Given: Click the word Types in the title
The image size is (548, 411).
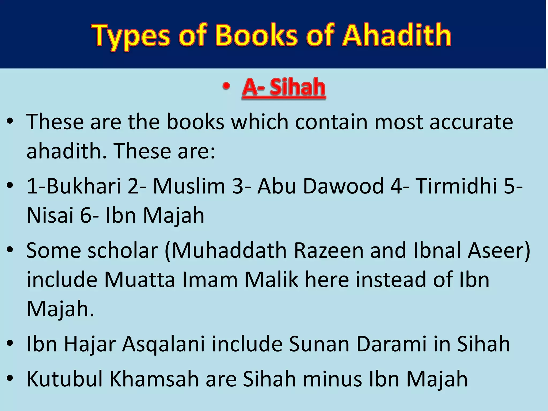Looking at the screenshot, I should (131, 36).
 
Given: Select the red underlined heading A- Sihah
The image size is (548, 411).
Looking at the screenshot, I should (284, 87).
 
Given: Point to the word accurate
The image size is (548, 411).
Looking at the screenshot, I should (471, 122).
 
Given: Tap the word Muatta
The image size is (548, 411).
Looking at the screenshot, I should (139, 280).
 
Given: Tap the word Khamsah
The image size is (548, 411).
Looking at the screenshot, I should (154, 379).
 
